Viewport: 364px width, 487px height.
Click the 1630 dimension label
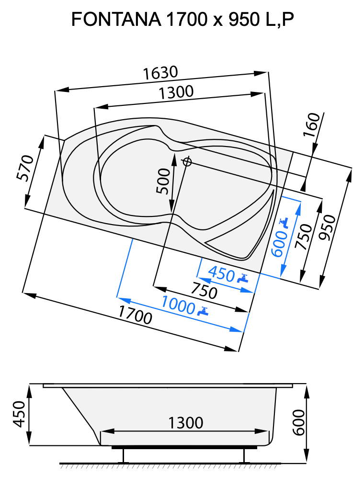[x=160, y=73]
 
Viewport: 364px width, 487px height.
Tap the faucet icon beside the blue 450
[x=243, y=278]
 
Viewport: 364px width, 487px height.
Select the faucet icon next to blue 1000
[x=204, y=311]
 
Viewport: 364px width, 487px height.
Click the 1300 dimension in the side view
[x=186, y=423]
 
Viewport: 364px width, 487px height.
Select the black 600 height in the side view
[x=298, y=422]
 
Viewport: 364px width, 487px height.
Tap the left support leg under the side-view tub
[x=124, y=455]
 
